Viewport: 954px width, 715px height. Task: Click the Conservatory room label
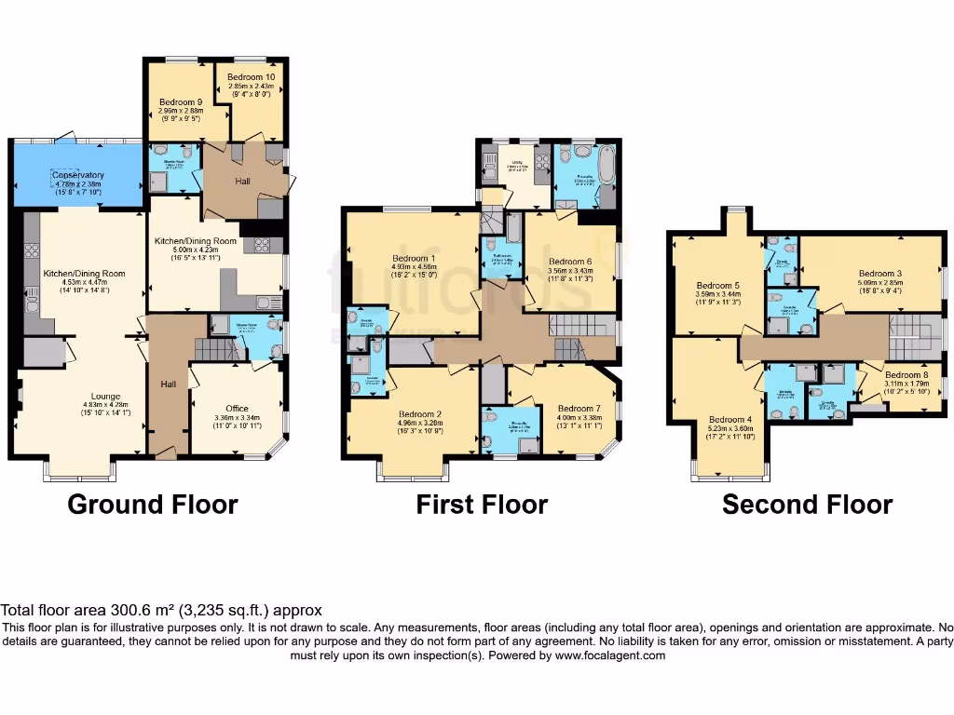point(78,175)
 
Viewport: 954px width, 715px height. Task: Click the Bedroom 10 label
point(248,76)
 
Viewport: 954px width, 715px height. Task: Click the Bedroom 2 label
point(419,414)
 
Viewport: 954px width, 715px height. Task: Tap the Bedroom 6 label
point(571,262)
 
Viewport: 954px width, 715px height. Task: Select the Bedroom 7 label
point(579,408)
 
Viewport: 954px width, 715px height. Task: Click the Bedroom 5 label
point(717,286)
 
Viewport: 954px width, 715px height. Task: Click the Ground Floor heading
point(152,505)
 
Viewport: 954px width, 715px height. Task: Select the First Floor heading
point(482,505)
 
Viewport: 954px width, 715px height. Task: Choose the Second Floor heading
point(807,505)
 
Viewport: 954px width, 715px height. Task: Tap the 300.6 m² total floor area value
point(132,611)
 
